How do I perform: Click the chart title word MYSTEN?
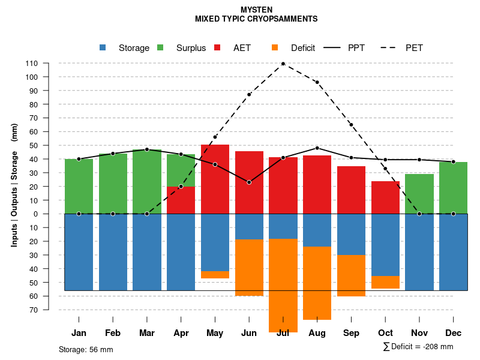click(x=256, y=10)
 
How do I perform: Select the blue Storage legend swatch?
click(x=103, y=48)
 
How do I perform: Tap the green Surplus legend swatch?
click(x=161, y=48)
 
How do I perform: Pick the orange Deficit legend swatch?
click(x=275, y=48)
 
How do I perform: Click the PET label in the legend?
click(x=414, y=48)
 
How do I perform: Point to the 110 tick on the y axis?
click(x=32, y=64)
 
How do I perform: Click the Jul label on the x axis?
click(x=283, y=333)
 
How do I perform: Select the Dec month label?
click(x=454, y=333)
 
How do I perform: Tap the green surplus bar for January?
click(x=79, y=186)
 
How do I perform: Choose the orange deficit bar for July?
click(x=283, y=285)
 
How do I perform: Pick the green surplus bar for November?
click(x=419, y=194)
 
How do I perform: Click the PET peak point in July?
click(x=283, y=64)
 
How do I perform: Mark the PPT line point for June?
click(x=249, y=182)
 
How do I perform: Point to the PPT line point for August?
click(x=317, y=148)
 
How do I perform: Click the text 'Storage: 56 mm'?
click(x=86, y=349)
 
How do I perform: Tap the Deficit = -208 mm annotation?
click(x=418, y=347)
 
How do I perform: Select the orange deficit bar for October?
click(x=385, y=282)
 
